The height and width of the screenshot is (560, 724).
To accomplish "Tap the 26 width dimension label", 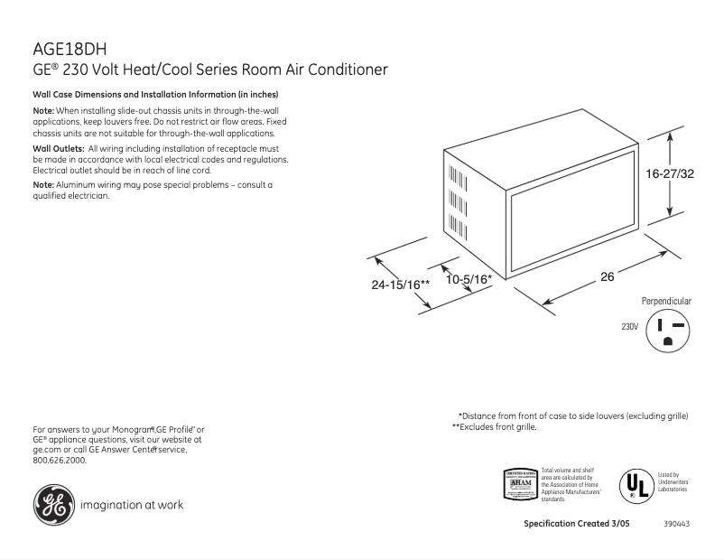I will (x=608, y=277).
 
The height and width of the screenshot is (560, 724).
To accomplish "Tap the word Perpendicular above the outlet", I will (x=666, y=300).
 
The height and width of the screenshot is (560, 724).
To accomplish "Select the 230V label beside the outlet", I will (x=629, y=326).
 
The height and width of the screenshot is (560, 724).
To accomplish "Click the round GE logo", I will (x=52, y=504).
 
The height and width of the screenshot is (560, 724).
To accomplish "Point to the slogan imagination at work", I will (x=132, y=505).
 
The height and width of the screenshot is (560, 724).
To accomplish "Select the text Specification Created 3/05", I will (x=577, y=525).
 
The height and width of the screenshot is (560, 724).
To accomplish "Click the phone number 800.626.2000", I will (x=59, y=460).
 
